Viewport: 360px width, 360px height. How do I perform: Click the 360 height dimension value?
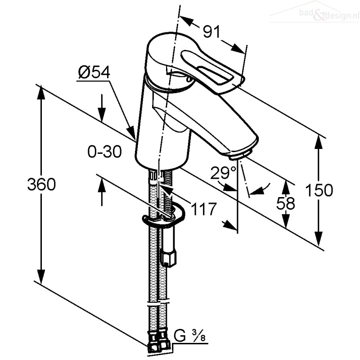41,184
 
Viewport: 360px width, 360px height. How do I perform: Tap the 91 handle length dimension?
211,31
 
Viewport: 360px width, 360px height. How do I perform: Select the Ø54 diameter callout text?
94,72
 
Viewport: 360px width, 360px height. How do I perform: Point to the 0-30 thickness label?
105,152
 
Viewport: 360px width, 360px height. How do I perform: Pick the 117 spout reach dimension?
204,209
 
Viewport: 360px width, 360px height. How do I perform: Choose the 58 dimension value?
285,203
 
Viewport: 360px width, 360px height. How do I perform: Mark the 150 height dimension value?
319,190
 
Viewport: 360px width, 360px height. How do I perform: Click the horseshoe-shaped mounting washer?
163,216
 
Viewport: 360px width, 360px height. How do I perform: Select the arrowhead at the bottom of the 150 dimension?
319,239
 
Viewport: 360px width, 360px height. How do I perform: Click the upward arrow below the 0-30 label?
102,192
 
